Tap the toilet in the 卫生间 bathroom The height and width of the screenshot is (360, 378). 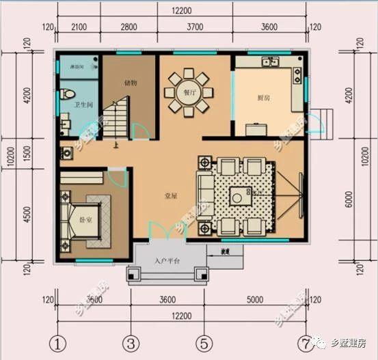(67, 94)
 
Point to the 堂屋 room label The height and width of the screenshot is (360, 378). (171, 195)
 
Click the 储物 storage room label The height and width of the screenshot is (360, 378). (131, 83)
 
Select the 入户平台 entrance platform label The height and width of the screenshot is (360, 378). (166, 260)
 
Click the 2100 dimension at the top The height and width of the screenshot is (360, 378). (78, 27)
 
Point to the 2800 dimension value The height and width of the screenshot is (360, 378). (129, 27)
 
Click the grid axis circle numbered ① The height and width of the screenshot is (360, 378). (59, 342)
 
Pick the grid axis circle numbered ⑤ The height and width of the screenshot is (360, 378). (202, 342)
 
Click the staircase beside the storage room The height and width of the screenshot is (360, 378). (116, 118)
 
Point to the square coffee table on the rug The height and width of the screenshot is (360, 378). (238, 197)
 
